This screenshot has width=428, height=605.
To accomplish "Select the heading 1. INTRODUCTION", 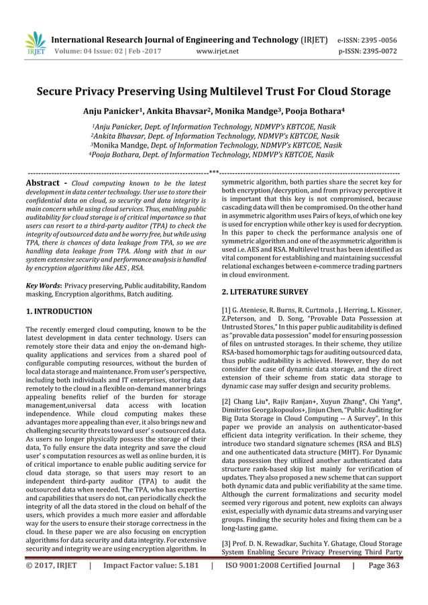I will (x=58, y=312).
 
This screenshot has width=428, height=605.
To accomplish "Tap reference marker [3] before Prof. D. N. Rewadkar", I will (x=225, y=545).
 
